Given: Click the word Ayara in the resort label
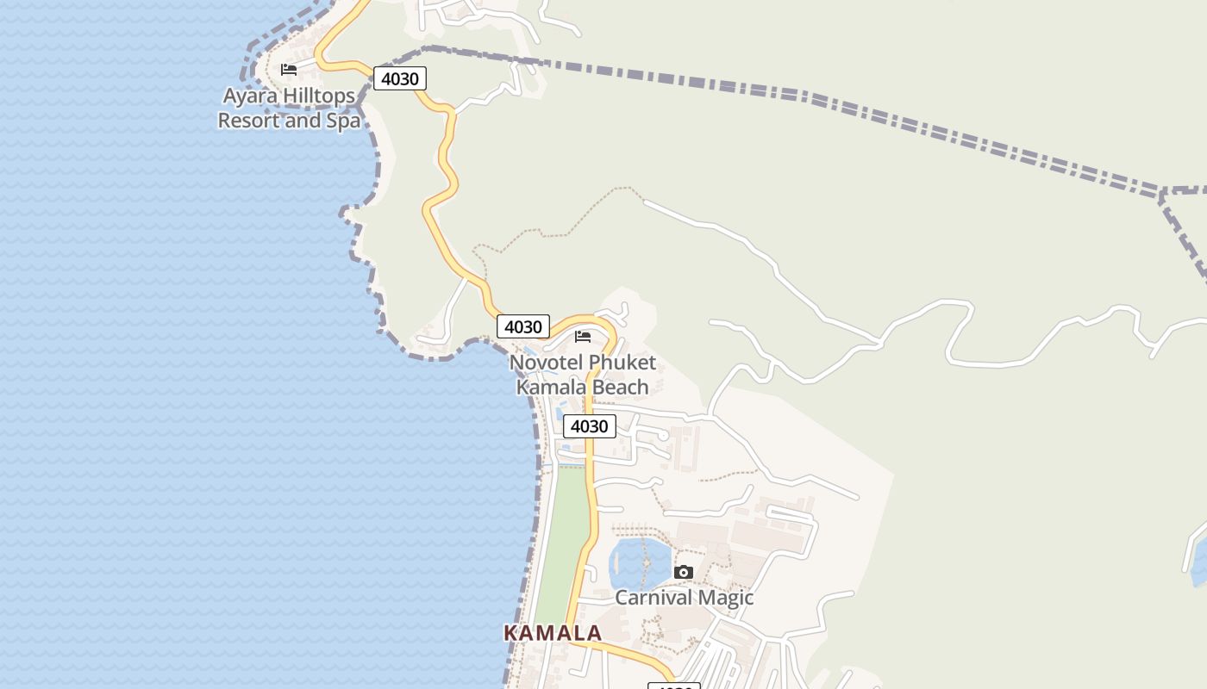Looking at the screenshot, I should pos(251,96).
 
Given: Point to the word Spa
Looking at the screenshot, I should pos(343,121).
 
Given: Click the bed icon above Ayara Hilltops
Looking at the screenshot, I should pos(289,70).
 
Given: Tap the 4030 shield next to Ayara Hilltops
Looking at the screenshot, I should pos(400,79).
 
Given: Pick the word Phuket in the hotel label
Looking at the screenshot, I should pos(623,363).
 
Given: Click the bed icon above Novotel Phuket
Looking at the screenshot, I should pos(583,337).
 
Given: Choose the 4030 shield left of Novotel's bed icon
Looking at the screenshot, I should pos(523,327).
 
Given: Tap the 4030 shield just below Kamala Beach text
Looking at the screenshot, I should pos(590,426).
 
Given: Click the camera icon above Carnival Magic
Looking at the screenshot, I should pos(683,572).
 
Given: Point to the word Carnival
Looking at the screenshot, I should pos(654,598).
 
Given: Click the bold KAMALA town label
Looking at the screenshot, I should pos(552,633).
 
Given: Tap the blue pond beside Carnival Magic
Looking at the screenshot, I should pos(639,564).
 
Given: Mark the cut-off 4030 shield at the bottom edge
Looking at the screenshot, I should pos(673,686).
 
